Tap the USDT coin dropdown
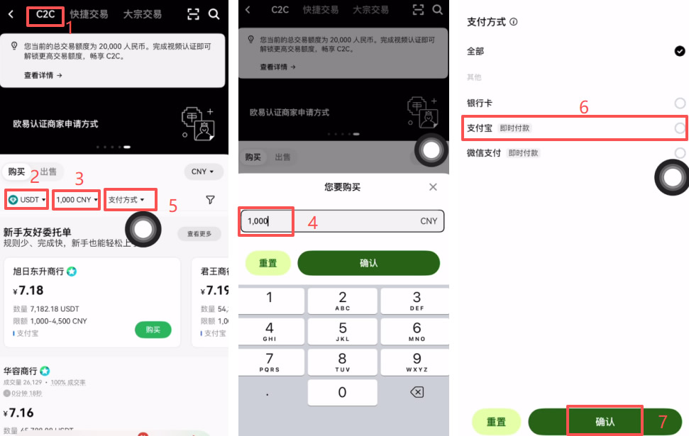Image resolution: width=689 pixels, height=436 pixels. coord(27,200)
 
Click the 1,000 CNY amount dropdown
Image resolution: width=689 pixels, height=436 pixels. coord(77,200)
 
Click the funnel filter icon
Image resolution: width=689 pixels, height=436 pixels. coord(210,200)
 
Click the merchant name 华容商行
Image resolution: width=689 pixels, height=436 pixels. coord(21,371)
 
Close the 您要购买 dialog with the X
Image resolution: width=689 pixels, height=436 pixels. coord(434,187)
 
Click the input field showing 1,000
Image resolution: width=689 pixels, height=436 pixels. coord(341,221)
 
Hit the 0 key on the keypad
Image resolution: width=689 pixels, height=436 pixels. coord(343,392)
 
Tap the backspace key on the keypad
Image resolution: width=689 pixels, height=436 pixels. coord(417,392)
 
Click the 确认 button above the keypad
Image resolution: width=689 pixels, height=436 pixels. coord(368,263)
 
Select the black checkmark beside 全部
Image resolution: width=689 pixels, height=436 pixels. coord(680,51)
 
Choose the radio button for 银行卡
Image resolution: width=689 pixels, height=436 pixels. coord(680,104)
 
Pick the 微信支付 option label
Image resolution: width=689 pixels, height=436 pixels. coord(484,152)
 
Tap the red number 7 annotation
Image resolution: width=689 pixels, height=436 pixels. coord(663,421)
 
